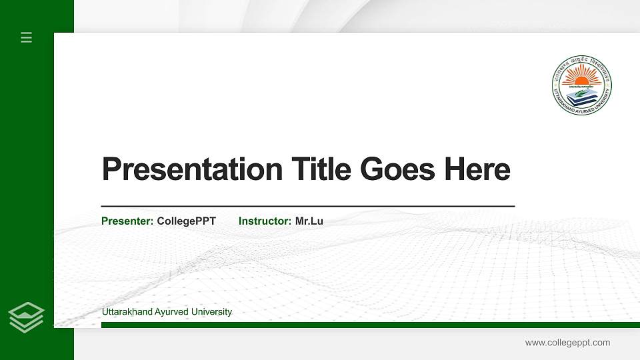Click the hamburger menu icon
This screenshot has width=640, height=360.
pos(27,37)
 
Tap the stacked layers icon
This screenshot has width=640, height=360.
pos(27,317)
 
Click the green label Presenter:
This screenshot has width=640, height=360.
pos(127,221)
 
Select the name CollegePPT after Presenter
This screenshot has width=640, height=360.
pos(187,221)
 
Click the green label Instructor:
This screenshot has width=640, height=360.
pos(265,221)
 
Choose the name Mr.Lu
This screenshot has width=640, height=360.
pos(309,221)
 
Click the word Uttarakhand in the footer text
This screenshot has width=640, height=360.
pos(127,312)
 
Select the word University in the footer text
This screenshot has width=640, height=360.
pos(211,312)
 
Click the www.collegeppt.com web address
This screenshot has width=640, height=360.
pos(567,343)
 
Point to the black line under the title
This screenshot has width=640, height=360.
pos(307,207)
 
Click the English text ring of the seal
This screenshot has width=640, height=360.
pos(557,93)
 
